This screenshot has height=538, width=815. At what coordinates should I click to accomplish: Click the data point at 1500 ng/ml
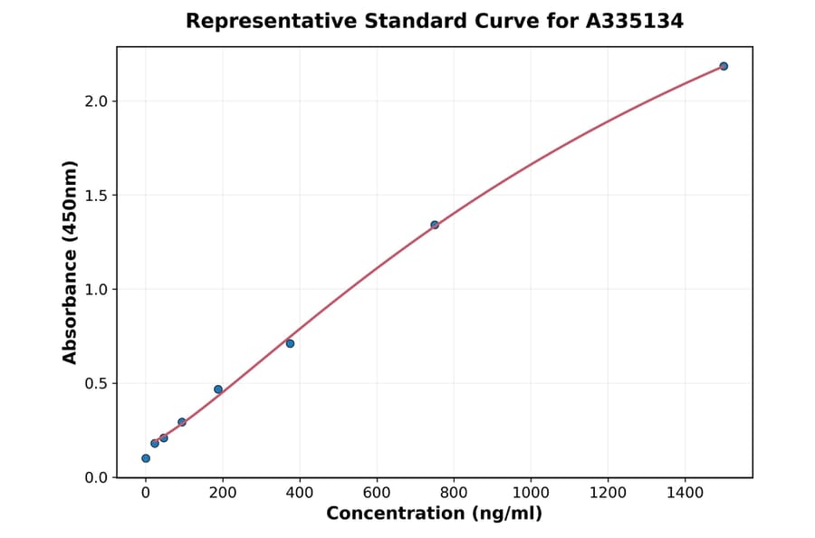point(724,66)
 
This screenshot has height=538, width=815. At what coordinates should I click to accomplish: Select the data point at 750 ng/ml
point(435,225)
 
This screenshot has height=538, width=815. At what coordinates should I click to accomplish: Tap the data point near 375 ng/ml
point(290,343)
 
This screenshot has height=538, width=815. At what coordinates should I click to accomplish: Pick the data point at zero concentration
point(146,458)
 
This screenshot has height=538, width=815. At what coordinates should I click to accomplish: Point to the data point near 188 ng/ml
point(218,389)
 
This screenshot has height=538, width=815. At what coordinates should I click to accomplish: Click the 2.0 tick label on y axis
point(96,101)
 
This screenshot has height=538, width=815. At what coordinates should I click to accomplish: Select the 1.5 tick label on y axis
point(96,196)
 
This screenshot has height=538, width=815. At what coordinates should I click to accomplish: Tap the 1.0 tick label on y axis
point(96,290)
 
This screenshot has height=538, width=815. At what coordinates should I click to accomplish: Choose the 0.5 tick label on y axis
point(96,384)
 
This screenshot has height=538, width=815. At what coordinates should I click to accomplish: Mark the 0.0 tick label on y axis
point(96,478)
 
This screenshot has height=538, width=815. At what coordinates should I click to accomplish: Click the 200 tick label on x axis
point(223,494)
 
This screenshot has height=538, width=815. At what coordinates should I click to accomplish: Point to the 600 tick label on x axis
point(377,494)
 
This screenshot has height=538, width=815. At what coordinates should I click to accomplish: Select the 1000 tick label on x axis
point(531,494)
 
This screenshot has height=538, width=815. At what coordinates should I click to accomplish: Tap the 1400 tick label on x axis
point(685,494)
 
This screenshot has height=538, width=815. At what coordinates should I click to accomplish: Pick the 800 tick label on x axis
point(454,494)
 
